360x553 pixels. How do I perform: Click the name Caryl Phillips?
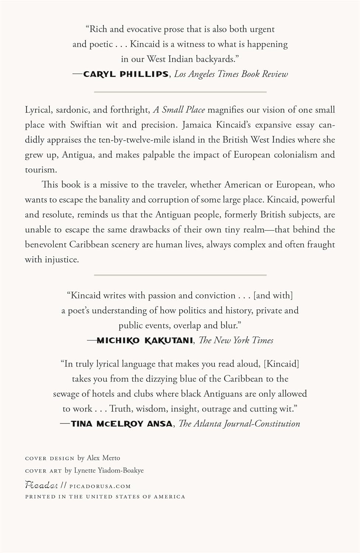[x=126, y=74]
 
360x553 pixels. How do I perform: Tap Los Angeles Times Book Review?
[x=231, y=74]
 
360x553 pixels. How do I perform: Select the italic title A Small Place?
[x=179, y=110]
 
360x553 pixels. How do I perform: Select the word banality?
[x=114, y=199]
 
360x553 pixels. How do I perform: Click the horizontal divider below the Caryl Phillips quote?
[x=180, y=91]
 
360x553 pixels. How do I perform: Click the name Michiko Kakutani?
[x=145, y=340]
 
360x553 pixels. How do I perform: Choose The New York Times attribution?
[x=236, y=340]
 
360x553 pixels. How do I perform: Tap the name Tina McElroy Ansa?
[x=121, y=424]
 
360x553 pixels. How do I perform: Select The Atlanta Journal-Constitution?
[x=239, y=424]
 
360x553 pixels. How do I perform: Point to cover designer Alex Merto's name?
[x=103, y=458]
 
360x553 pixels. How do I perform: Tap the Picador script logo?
[x=41, y=485]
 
